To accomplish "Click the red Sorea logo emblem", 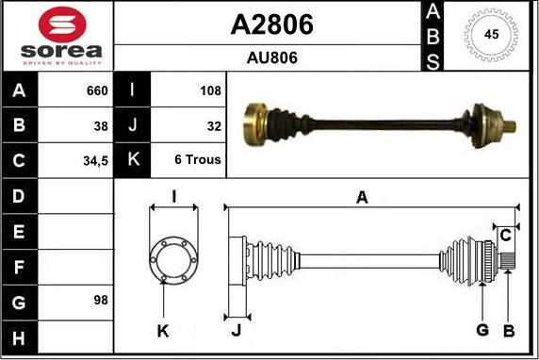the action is point(62,25).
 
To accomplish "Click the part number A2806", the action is point(272,25).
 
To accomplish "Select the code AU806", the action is point(272,57).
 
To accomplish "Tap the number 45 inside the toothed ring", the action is point(491,34).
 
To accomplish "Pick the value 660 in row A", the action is point(97,90).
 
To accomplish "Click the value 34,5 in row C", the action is point(95,161).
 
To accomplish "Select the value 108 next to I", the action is point(210,90).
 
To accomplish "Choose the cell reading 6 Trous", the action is point(198,159).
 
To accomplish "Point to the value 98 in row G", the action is point(101,301).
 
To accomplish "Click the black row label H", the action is point(19,338).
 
